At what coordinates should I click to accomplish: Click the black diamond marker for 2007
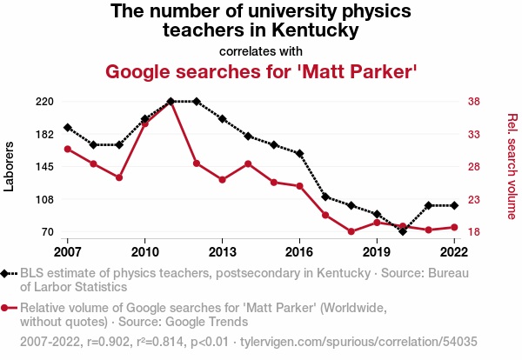[68, 128]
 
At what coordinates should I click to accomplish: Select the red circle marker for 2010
[144, 123]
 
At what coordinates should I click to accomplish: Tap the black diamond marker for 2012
[197, 102]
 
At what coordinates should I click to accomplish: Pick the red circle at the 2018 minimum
[351, 231]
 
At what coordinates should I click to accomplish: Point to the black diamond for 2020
[403, 231]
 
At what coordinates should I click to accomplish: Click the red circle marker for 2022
[454, 227]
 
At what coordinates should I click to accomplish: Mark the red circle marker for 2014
[248, 163]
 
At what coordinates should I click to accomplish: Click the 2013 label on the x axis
[222, 252]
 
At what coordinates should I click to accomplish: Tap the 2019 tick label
[377, 252]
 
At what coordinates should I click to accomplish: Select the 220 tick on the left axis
[44, 102]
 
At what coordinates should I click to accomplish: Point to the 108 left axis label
[44, 200]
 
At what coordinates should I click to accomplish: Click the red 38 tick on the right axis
[474, 102]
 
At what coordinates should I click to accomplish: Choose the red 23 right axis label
[474, 200]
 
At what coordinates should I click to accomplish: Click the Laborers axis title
[9, 166]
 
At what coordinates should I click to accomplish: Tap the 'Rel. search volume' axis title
[512, 166]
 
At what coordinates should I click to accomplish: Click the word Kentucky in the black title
[315, 30]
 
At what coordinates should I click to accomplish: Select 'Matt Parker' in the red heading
[358, 71]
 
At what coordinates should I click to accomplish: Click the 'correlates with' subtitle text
[261, 51]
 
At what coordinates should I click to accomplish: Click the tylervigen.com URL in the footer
[358, 342]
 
